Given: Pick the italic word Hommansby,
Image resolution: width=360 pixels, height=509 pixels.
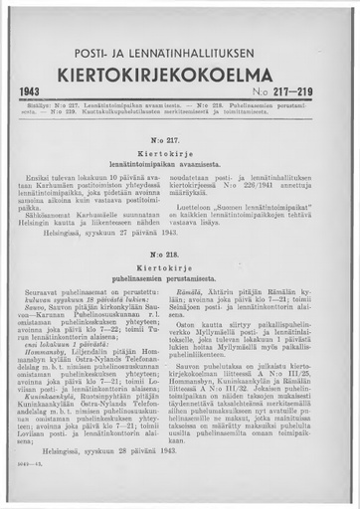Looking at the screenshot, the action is [x=66, y=378].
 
